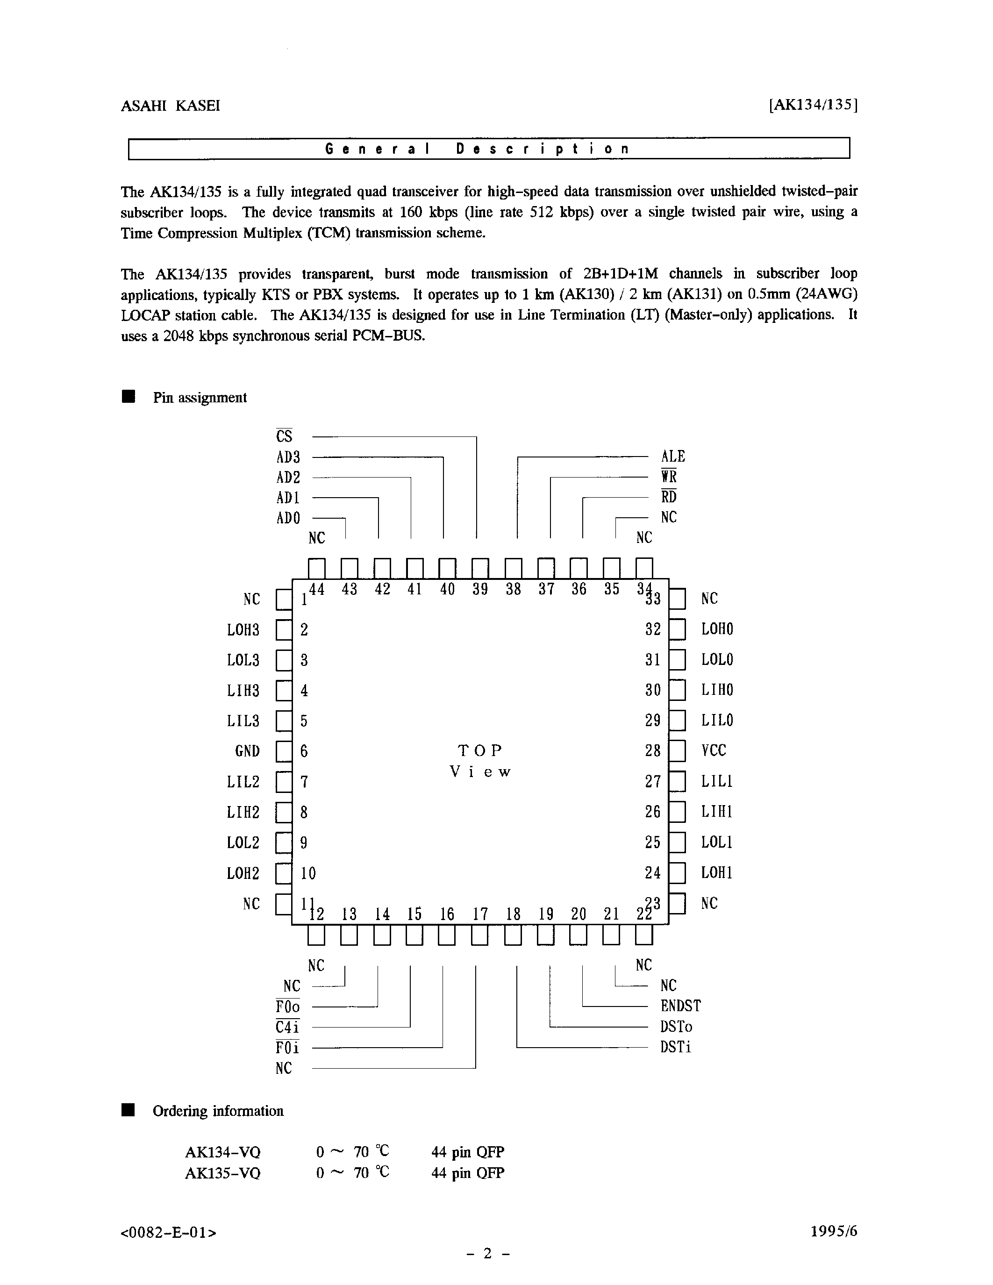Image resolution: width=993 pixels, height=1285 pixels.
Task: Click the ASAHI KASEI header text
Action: tap(170, 106)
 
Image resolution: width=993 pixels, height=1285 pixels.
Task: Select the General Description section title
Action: tap(477, 149)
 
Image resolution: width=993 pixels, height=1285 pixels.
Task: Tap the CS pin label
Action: tap(284, 436)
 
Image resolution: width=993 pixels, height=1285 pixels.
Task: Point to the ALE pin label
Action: tap(673, 456)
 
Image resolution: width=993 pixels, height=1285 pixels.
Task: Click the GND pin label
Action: tap(247, 751)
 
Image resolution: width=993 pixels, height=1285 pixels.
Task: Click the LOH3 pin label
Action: tap(243, 629)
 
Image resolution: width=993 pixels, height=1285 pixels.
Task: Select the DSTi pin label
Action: tap(675, 1047)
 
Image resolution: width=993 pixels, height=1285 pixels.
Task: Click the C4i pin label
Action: tap(287, 1027)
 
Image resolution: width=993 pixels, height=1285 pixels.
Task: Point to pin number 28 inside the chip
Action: tap(653, 751)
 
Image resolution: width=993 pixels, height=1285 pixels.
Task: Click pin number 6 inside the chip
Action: tap(304, 751)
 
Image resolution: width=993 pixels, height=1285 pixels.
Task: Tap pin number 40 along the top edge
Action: tap(447, 589)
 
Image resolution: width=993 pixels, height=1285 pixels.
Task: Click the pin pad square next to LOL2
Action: tap(284, 842)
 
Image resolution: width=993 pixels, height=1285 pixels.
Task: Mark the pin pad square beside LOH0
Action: tap(677, 629)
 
